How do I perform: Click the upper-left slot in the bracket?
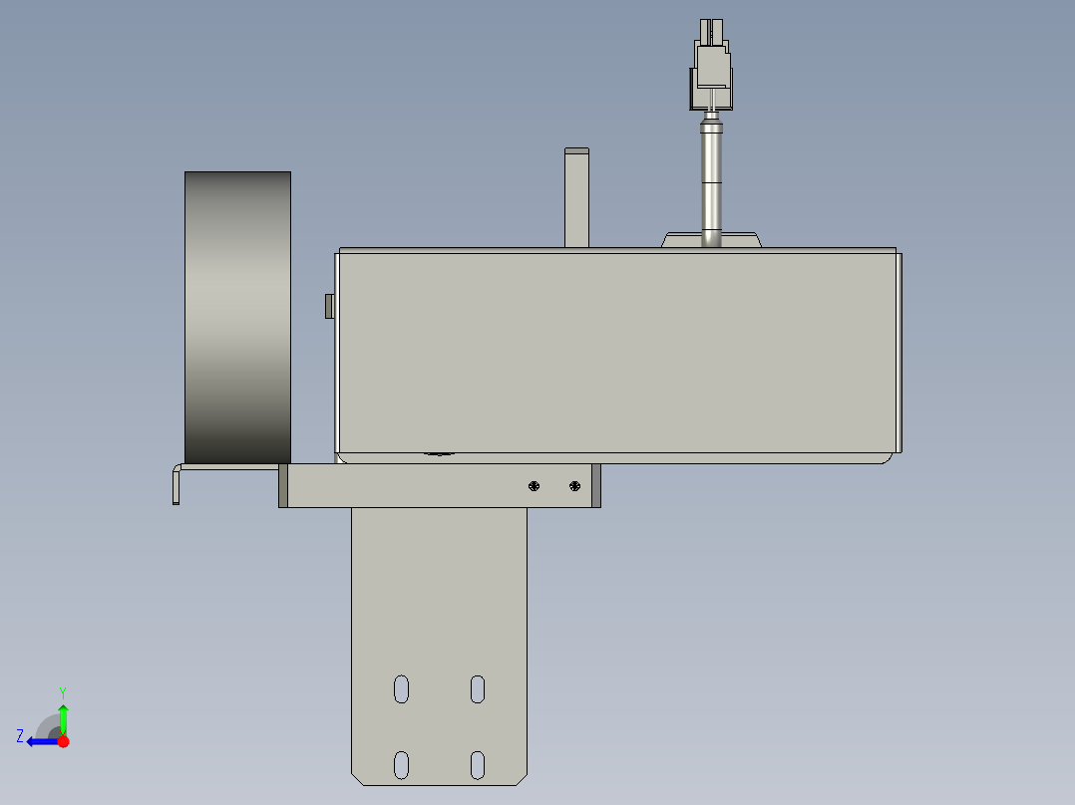pyautogui.click(x=401, y=688)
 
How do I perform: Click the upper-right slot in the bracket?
pyautogui.click(x=478, y=688)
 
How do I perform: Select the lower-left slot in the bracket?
pyautogui.click(x=401, y=764)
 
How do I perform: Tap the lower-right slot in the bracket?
pyautogui.click(x=478, y=764)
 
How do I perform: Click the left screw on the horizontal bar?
pyautogui.click(x=535, y=486)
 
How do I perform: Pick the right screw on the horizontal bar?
pyautogui.click(x=574, y=486)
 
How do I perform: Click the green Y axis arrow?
pyautogui.click(x=63, y=717)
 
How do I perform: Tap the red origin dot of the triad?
pyautogui.click(x=63, y=741)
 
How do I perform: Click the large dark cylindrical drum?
pyautogui.click(x=237, y=317)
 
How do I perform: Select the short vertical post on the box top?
pyautogui.click(x=576, y=197)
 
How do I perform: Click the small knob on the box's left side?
pyautogui.click(x=329, y=306)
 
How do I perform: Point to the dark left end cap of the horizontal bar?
pyautogui.click(x=283, y=486)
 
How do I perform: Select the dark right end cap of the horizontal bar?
pyautogui.click(x=596, y=486)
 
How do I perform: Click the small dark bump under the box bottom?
pyautogui.click(x=437, y=455)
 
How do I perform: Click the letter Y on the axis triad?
pyautogui.click(x=62, y=691)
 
